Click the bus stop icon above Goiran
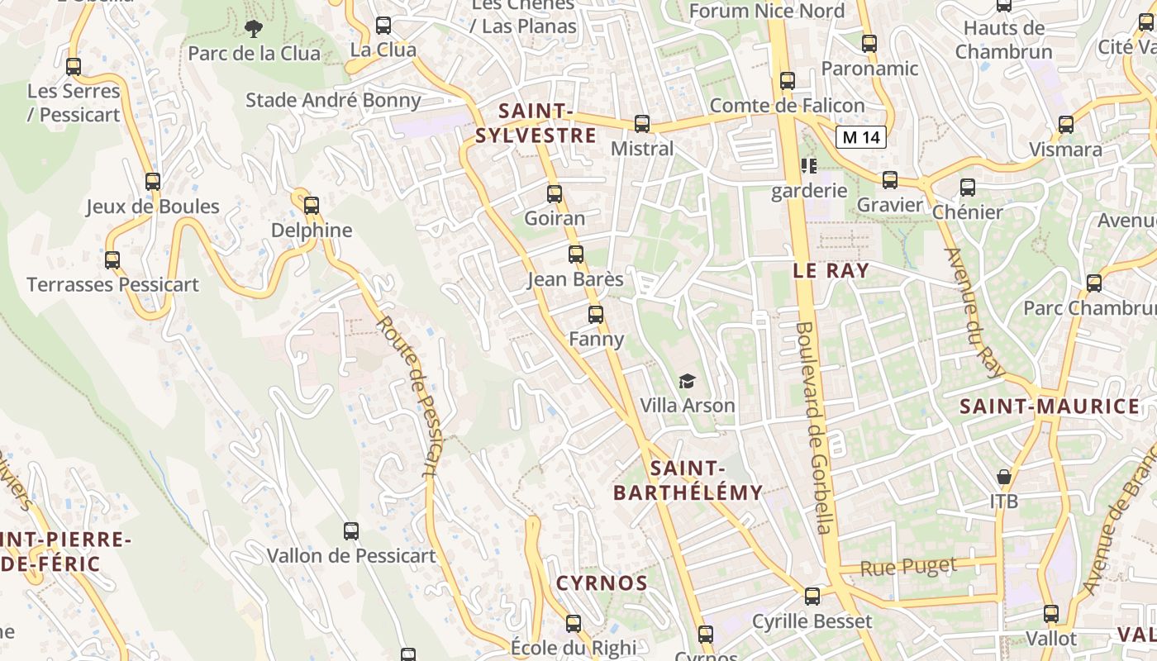pos(555,194)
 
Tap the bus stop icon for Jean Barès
pos(576,254)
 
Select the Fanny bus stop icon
pos(596,315)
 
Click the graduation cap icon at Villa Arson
pos(687,381)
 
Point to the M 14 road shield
pos(860,137)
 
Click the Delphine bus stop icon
pos(312,205)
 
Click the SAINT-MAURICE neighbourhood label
pos(1050,407)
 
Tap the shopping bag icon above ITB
pos(1004,477)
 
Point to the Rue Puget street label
pos(908,567)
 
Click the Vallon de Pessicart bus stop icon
pos(351,531)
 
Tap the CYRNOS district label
pos(602,583)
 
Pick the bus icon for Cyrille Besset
pos(812,597)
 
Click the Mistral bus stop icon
pos(642,124)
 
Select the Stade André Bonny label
pos(333,101)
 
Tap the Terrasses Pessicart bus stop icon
pos(112,260)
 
